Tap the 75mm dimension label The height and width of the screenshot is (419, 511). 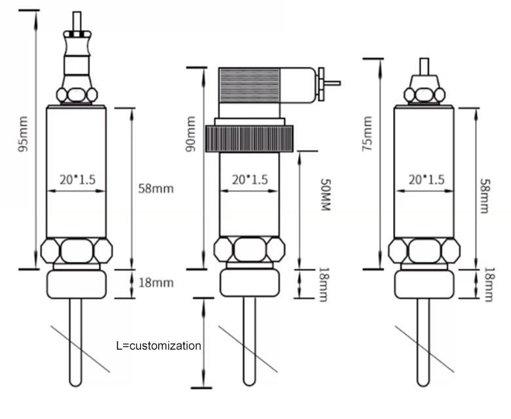coord(367,134)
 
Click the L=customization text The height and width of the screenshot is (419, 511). coord(158,346)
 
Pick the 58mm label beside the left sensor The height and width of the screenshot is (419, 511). coord(156,189)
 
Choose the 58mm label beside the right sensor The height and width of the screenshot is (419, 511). coord(484,196)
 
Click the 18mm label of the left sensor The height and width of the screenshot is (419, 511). coord(156,283)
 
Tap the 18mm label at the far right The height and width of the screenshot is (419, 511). coord(488,284)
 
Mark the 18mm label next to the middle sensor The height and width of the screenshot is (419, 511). coord(323,284)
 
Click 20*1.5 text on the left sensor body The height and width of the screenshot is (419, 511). coord(76,179)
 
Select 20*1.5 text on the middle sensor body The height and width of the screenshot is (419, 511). coord(250,179)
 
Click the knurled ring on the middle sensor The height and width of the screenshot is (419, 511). coord(249,139)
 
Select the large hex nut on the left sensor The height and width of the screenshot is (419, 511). coord(76,250)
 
